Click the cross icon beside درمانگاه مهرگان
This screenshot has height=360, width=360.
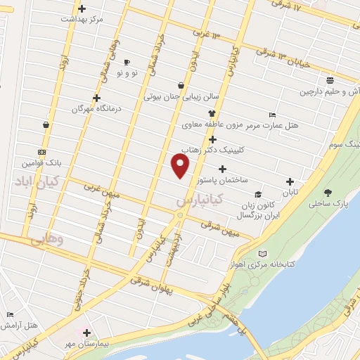point(96,98)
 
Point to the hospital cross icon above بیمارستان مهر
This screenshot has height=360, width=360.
point(86,333)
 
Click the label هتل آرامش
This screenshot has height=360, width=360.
point(20,326)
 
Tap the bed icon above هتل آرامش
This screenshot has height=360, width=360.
point(9,314)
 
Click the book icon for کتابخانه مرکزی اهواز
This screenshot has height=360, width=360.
point(262,253)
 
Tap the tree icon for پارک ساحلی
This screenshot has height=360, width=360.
point(328,192)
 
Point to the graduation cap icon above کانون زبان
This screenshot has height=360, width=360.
point(258,194)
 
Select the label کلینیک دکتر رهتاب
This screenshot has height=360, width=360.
point(213,150)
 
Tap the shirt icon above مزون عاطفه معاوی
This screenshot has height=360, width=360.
point(210,113)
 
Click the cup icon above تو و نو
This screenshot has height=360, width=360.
point(127,62)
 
